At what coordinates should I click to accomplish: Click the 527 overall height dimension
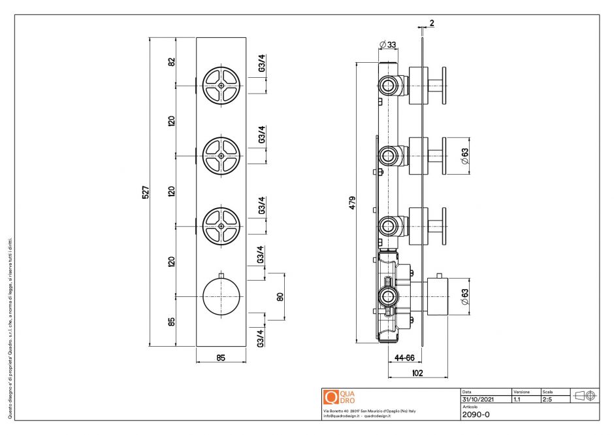click(146, 192)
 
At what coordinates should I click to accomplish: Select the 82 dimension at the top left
click(172, 61)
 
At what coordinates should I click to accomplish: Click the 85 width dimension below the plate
click(221, 357)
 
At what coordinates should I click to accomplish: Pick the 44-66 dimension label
click(405, 357)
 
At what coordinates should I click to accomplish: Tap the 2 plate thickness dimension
click(432, 23)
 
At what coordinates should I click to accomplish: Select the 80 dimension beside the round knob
click(280, 296)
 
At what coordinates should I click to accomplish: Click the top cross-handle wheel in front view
click(221, 86)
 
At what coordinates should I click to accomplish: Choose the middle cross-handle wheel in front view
click(221, 155)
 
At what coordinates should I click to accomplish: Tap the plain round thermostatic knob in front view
click(221, 296)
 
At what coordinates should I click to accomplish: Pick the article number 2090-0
click(476, 414)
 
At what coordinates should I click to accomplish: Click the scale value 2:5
click(549, 398)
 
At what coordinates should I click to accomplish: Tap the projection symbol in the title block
click(584, 396)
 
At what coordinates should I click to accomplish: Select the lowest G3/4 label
click(261, 338)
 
